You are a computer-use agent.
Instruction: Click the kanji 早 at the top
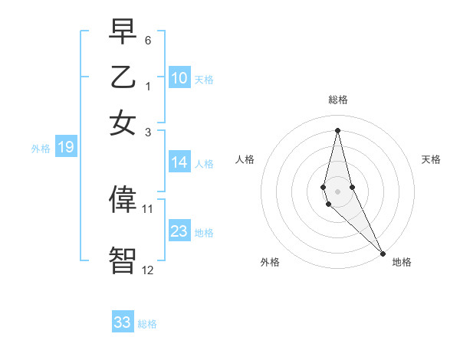tap(123, 33)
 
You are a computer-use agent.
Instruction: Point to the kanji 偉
tap(123, 201)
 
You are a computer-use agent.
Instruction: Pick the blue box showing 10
tap(179, 77)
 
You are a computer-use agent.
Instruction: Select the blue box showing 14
tap(179, 162)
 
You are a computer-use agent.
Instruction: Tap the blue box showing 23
tap(179, 231)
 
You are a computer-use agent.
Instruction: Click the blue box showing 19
tap(66, 148)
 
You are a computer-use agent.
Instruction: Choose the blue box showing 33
tap(123, 322)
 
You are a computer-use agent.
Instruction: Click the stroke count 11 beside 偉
tap(148, 208)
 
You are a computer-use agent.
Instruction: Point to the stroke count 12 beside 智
tap(148, 269)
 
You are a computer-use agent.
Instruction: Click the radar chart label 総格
tap(338, 100)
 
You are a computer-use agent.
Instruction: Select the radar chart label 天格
tap(432, 159)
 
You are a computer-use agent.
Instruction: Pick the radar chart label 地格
tap(402, 262)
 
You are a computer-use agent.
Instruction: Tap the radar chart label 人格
tap(245, 159)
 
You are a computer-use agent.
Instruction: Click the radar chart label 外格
tap(270, 262)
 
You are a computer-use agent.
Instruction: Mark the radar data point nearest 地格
tap(383, 253)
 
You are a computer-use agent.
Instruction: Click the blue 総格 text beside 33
tap(147, 324)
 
